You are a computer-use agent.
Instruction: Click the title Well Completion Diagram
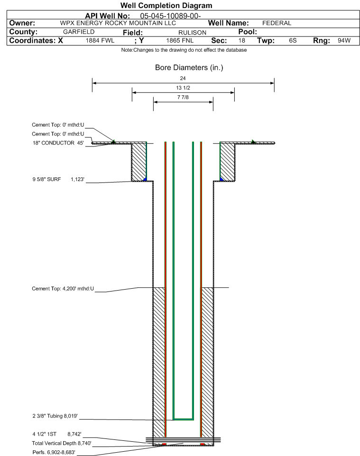click(x=166, y=5)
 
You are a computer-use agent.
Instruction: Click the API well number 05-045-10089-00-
click(x=170, y=16)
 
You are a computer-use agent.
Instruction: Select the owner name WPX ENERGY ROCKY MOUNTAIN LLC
click(x=118, y=23)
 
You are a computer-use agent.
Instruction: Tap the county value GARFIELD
click(x=79, y=32)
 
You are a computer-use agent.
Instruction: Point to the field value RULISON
click(x=193, y=33)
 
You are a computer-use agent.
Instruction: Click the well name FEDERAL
click(x=277, y=23)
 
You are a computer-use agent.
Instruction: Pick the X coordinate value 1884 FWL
click(x=100, y=40)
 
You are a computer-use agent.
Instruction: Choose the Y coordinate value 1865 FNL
click(x=180, y=40)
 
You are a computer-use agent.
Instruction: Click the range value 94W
click(x=344, y=40)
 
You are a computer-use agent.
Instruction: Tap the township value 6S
click(x=293, y=40)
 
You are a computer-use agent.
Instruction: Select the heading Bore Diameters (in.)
click(x=189, y=68)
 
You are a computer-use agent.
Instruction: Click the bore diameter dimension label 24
click(x=183, y=78)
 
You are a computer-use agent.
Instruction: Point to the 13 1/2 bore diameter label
click(x=183, y=88)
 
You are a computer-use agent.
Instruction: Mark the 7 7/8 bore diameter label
click(x=183, y=97)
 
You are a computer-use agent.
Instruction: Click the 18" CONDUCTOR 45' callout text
click(x=58, y=143)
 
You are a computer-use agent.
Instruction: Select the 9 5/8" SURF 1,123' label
click(x=58, y=179)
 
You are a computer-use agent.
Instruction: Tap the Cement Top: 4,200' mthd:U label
click(x=63, y=289)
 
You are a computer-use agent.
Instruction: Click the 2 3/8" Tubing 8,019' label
click(x=55, y=416)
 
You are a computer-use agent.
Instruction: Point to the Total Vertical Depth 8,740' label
click(x=62, y=443)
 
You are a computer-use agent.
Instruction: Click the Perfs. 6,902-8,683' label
click(x=54, y=452)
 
